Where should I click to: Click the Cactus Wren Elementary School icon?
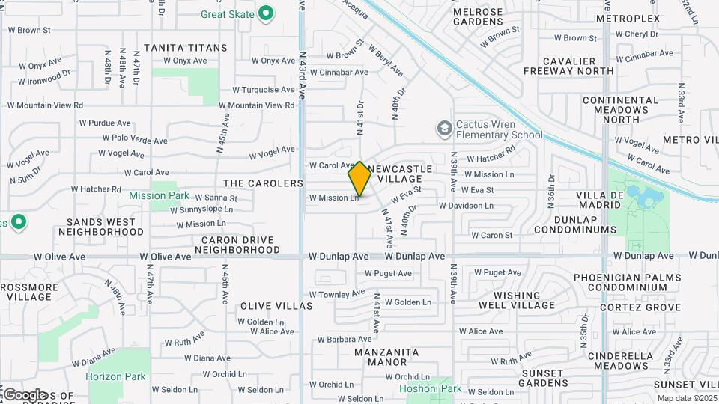click(x=445, y=129)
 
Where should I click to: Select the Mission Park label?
click(x=159, y=195)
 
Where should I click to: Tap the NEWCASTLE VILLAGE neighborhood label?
click(x=404, y=174)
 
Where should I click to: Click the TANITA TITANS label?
click(x=185, y=48)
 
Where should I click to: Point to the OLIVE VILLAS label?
click(x=276, y=307)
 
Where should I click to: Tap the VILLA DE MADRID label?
click(x=599, y=201)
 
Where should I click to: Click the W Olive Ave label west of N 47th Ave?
click(x=60, y=257)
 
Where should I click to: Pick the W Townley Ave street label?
click(x=336, y=293)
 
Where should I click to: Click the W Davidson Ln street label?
click(x=466, y=205)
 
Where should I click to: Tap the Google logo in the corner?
click(x=24, y=394)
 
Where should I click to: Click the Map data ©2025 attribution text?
click(x=686, y=399)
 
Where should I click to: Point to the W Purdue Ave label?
click(x=105, y=123)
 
